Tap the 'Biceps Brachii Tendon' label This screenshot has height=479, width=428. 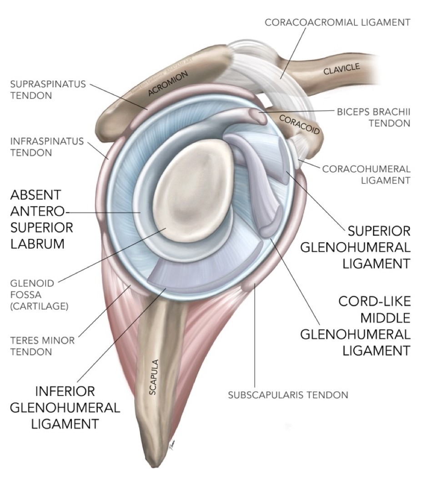point(373,117)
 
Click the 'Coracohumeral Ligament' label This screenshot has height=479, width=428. point(366,175)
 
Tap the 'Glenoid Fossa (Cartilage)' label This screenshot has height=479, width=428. point(38,294)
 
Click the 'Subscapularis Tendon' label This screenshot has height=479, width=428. point(288,394)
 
